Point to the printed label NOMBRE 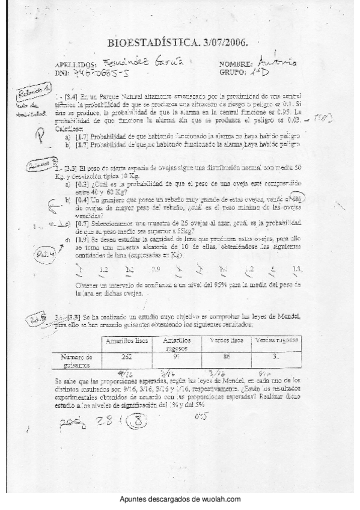[x=237, y=64]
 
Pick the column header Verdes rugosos [x=275, y=341]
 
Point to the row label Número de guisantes [x=77, y=360]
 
